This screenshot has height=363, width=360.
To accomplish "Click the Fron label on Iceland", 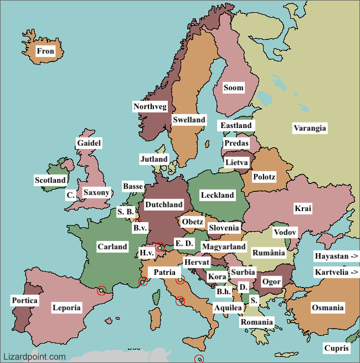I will [x=45, y=52].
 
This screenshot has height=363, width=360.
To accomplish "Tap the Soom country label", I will [x=233, y=88].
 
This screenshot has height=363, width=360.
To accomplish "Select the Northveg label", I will [x=150, y=106].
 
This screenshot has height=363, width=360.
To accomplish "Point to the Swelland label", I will [x=189, y=120].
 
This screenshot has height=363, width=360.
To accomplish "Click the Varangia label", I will [x=310, y=128].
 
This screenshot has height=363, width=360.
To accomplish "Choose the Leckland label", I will [x=217, y=195].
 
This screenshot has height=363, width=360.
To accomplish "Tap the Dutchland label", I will [x=163, y=204].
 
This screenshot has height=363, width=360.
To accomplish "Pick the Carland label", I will [x=112, y=247].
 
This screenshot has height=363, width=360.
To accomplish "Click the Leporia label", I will [x=66, y=308].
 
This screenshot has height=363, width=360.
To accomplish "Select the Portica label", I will [x=25, y=300].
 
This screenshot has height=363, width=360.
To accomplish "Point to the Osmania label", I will [x=327, y=308].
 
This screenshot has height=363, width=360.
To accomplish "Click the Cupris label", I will [x=337, y=348].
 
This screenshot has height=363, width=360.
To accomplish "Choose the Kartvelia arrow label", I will [x=337, y=272].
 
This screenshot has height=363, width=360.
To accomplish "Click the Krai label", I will [x=303, y=208].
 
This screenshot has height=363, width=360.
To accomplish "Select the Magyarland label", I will [x=223, y=247].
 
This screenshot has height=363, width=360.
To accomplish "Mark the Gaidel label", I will [x=89, y=143].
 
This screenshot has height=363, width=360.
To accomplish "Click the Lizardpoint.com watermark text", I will [x=34, y=357].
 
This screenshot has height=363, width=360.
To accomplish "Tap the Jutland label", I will [x=153, y=160].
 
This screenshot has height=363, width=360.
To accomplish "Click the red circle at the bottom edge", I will [x=199, y=359].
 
